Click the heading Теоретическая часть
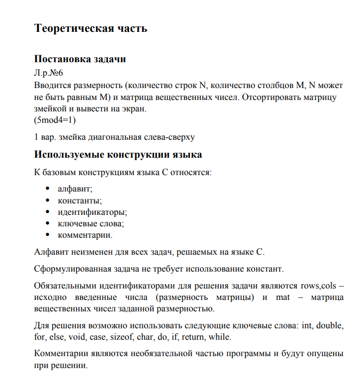(90, 28)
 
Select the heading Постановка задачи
(80, 59)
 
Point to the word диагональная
(112, 136)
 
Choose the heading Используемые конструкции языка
(118, 154)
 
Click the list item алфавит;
(75, 190)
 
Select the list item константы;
(80, 201)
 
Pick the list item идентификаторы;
(92, 212)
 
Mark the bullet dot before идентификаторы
(47, 212)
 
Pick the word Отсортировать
(272, 97)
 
